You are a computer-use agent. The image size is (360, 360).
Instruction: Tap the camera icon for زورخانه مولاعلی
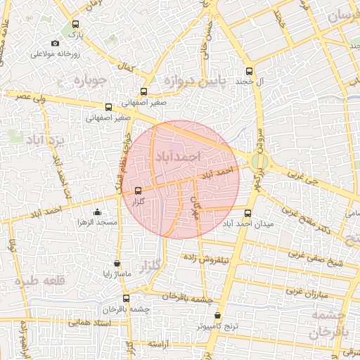[x=56, y=44]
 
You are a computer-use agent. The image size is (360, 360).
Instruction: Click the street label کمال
[x=127, y=70]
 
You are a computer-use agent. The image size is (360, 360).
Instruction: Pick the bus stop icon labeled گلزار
[x=137, y=191]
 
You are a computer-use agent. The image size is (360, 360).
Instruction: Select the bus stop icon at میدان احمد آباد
[x=247, y=213]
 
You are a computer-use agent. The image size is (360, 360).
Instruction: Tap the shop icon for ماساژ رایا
[x=117, y=264]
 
